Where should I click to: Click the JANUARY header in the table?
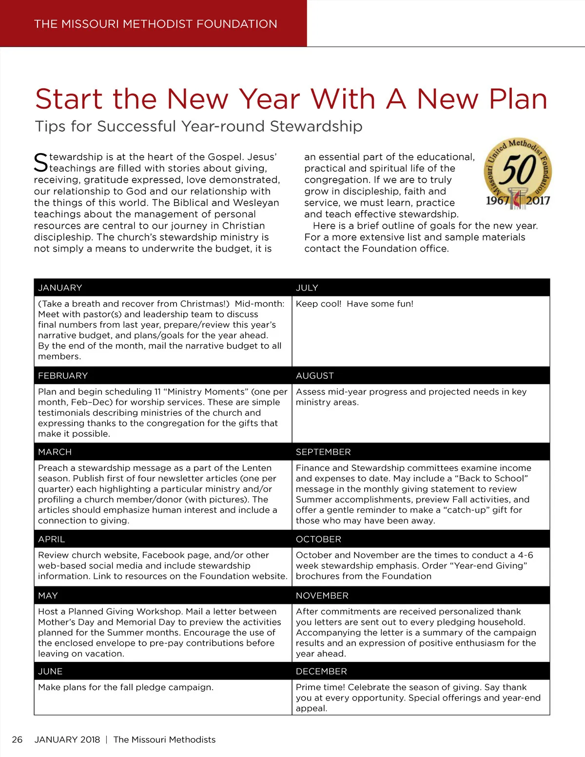(60, 288)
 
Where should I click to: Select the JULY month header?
(307, 288)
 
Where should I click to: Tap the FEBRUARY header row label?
(63, 376)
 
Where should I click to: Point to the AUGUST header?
(315, 376)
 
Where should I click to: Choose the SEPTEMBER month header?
(323, 452)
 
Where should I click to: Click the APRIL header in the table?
(51, 539)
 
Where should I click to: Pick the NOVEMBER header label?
(322, 596)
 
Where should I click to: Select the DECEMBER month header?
(321, 671)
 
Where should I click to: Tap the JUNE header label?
(50, 671)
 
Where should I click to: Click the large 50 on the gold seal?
(518, 170)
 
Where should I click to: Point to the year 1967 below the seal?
(497, 200)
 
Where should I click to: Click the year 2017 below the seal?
(538, 200)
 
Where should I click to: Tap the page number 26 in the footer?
(17, 739)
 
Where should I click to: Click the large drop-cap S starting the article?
(41, 163)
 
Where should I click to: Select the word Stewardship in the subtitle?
(316, 126)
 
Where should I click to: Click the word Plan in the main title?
(518, 99)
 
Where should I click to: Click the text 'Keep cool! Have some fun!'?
(354, 304)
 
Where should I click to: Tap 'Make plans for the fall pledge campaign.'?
(126, 687)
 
